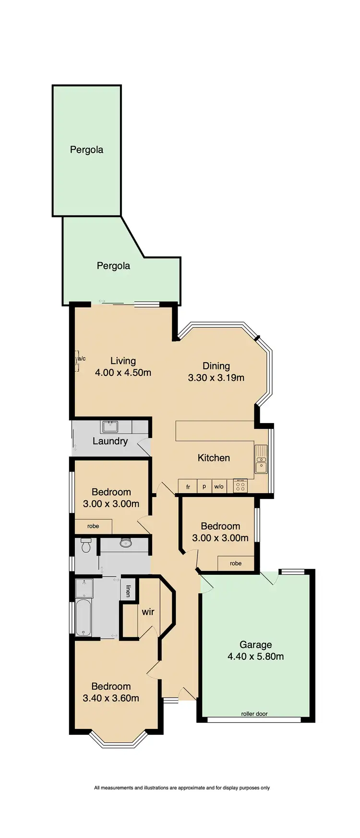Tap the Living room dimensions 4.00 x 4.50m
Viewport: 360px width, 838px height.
coord(123,372)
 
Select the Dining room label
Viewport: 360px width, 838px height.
coord(216,366)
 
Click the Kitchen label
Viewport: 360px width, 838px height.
coord(214,458)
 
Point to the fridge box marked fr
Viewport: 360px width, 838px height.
coord(188,486)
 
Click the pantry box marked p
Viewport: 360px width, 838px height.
coord(204,486)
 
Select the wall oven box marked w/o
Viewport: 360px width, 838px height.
coord(219,486)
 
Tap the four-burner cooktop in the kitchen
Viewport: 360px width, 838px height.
coord(240,486)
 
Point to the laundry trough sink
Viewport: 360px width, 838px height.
coord(110,426)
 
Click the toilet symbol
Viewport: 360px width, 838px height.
coord(86,546)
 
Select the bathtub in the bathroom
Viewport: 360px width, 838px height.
coord(84,617)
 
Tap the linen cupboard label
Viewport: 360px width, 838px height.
coord(128,590)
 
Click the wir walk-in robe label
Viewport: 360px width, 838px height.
coord(148,612)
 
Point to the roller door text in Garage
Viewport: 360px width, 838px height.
coord(254,714)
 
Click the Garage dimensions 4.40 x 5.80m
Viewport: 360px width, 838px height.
coord(255,656)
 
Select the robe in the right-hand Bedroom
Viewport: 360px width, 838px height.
coord(236,563)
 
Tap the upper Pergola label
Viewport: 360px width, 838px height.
coord(86,149)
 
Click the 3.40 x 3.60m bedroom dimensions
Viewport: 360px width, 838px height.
coord(111,698)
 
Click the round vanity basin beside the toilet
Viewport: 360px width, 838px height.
coord(126,544)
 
